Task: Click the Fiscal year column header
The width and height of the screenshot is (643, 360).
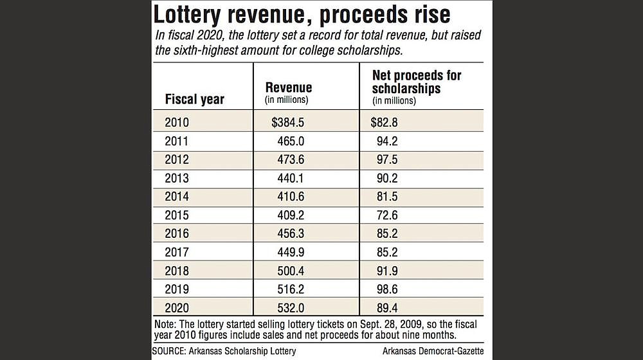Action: (194, 99)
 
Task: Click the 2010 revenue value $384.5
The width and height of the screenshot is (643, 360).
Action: (287, 122)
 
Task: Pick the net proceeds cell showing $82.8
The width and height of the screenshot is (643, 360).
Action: (384, 122)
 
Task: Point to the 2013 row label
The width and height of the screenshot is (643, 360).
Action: (177, 178)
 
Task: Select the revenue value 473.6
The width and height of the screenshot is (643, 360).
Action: (291, 159)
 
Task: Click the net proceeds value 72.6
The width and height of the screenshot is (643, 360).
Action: (387, 215)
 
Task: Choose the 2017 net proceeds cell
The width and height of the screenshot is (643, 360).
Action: (387, 252)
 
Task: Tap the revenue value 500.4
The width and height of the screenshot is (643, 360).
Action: (291, 271)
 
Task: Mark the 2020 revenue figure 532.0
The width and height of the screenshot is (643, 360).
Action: (291, 307)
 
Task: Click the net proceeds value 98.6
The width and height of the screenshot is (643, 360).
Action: (387, 289)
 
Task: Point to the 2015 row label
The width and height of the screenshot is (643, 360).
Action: (177, 215)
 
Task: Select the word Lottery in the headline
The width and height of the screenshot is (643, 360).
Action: (187, 15)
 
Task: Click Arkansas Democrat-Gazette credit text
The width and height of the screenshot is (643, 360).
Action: (433, 351)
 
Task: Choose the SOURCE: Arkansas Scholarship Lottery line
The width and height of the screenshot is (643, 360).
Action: (224, 351)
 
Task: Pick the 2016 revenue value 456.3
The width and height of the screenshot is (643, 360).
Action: (291, 233)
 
